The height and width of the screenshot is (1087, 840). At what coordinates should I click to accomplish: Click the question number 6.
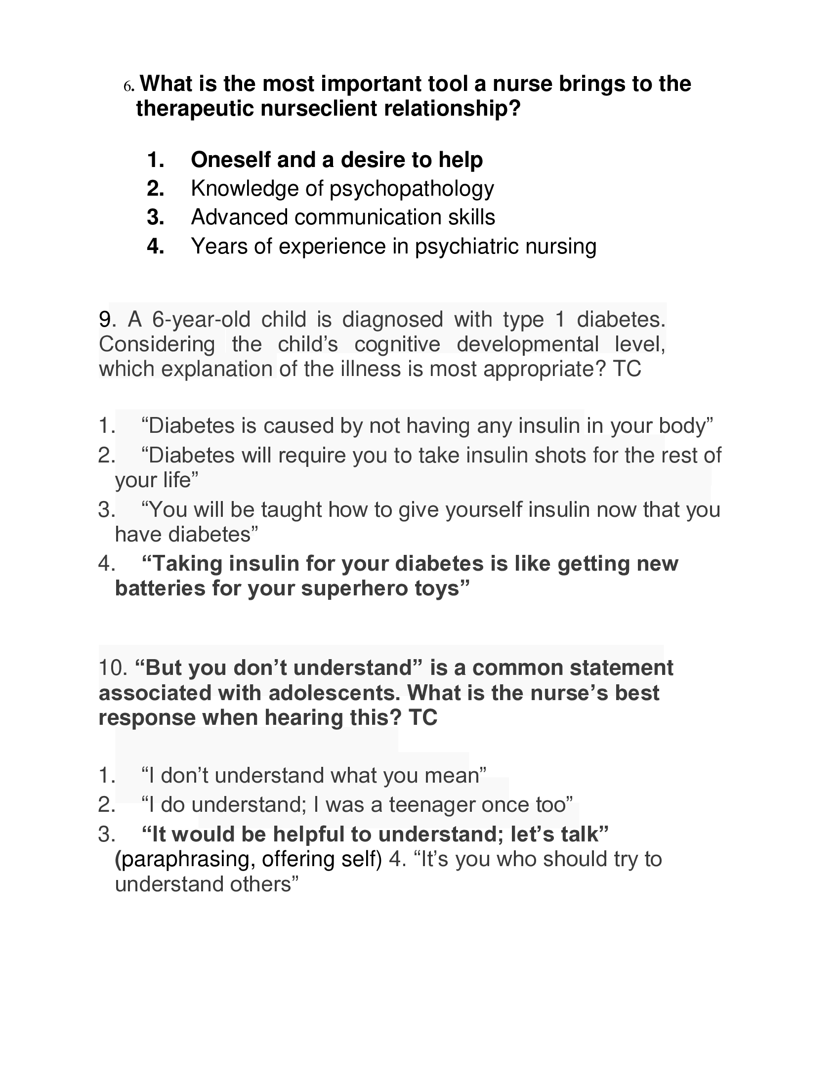(x=128, y=86)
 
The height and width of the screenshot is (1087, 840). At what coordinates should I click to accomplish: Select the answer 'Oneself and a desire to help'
(x=336, y=160)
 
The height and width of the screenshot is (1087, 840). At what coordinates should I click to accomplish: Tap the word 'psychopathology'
(x=412, y=189)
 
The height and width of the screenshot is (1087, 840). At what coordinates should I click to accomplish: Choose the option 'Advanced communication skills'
(x=343, y=217)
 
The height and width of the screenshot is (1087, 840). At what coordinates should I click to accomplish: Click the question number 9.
(x=107, y=320)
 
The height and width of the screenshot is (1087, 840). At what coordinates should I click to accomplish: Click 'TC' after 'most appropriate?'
(x=627, y=369)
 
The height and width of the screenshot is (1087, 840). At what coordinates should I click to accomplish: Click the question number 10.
(x=114, y=668)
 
